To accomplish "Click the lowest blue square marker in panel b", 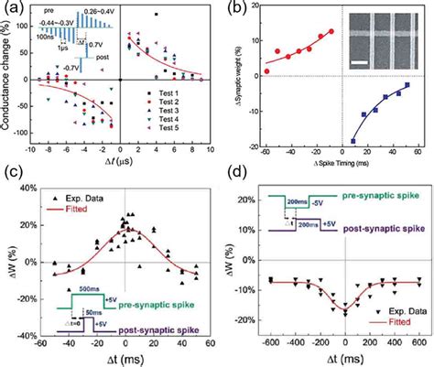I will (x=353, y=141).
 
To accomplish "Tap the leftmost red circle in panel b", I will (x=266, y=70).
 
